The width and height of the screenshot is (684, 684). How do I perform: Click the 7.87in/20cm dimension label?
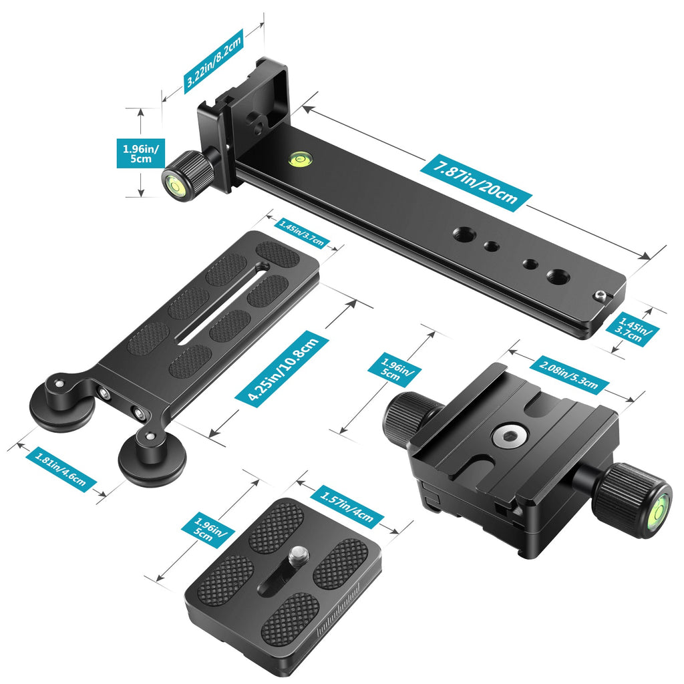tap(476, 182)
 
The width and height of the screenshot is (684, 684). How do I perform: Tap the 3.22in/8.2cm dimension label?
tap(213, 61)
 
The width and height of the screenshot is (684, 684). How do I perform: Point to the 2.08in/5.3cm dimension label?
tap(569, 374)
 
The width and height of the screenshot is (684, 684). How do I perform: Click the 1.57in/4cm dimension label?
tap(347, 506)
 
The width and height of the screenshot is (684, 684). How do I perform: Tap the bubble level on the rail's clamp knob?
tap(174, 185)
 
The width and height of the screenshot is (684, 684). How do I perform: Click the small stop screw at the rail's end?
tap(601, 297)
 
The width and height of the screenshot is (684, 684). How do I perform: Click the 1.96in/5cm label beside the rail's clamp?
tap(141, 153)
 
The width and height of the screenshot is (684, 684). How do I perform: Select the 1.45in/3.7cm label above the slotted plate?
tap(302, 233)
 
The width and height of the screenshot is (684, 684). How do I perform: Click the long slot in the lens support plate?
tap(223, 304)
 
